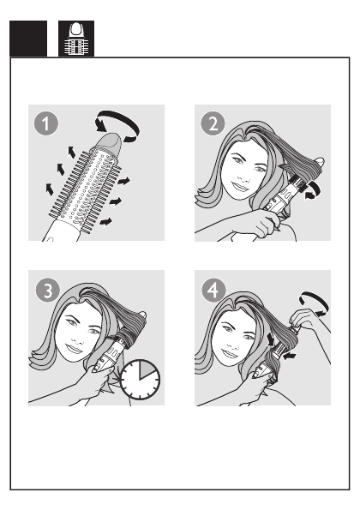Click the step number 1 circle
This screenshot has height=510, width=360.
(46, 123)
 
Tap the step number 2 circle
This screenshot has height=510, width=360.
(213, 123)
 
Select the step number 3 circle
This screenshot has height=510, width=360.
(48, 290)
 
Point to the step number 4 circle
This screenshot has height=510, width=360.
(213, 290)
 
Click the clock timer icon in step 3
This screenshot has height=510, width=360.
(140, 380)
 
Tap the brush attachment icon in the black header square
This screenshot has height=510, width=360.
(76, 39)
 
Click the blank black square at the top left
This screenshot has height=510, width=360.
(28, 39)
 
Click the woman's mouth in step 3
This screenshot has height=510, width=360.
(75, 349)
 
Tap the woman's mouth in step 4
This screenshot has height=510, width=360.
(230, 353)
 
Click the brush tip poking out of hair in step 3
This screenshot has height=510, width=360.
(142, 315)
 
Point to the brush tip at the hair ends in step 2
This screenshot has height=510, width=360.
(320, 161)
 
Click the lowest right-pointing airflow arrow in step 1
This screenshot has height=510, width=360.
(105, 222)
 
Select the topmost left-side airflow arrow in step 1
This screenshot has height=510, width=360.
(71, 152)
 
